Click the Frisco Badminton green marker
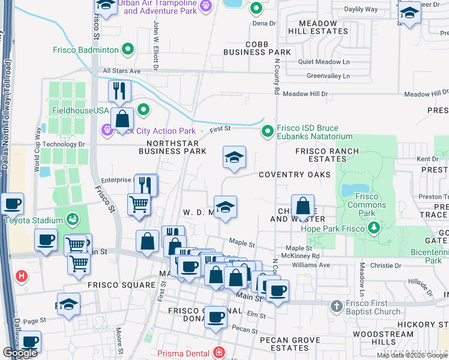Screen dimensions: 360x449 pos(128,50)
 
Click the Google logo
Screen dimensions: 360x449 pos(20,353)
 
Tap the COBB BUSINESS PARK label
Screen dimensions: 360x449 pos(257,49)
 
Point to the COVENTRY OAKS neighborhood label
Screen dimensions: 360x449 pos(295,175)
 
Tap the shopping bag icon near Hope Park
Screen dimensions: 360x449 pos(303,206)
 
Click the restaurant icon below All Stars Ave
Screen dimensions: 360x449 pos(120,91)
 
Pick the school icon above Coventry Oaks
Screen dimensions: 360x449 pos(234,158)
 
